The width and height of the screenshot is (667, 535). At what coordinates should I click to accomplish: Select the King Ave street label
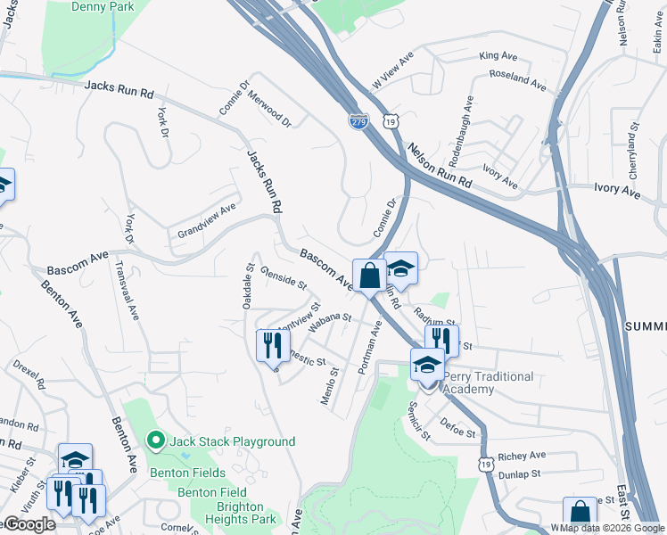tap(498, 56)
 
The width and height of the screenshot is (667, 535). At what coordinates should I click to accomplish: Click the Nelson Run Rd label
tap(439, 165)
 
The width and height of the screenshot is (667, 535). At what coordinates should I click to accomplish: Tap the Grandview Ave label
tap(206, 219)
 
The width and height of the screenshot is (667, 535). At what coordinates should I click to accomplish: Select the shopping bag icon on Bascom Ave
tap(370, 276)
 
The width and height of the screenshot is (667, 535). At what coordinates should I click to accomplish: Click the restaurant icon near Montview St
tap(272, 345)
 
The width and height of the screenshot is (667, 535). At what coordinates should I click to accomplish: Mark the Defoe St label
tap(458, 427)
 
